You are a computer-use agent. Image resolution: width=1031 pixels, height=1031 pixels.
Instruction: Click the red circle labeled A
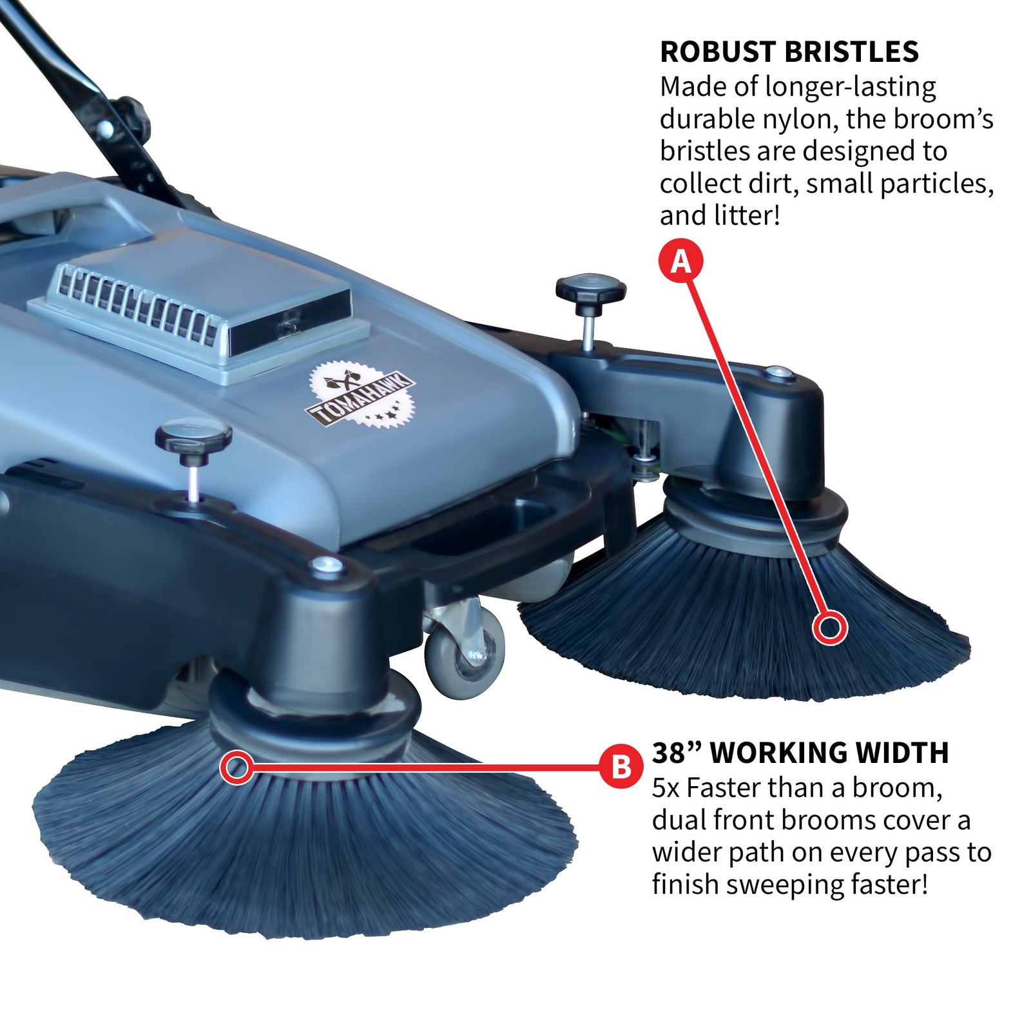(x=680, y=262)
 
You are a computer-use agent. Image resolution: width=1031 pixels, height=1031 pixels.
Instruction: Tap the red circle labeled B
(x=621, y=767)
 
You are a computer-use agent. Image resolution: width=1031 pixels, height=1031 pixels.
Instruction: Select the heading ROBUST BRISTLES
(x=789, y=52)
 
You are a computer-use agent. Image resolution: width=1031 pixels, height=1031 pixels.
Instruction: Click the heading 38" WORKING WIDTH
(x=800, y=753)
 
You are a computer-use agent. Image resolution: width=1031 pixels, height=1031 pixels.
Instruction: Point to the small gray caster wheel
(x=465, y=651)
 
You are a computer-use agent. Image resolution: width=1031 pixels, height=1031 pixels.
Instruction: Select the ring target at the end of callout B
(x=237, y=767)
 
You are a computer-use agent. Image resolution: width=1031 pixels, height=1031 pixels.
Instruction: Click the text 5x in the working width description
(x=666, y=788)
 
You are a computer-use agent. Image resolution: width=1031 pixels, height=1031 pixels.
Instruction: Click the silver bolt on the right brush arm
(x=776, y=372)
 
